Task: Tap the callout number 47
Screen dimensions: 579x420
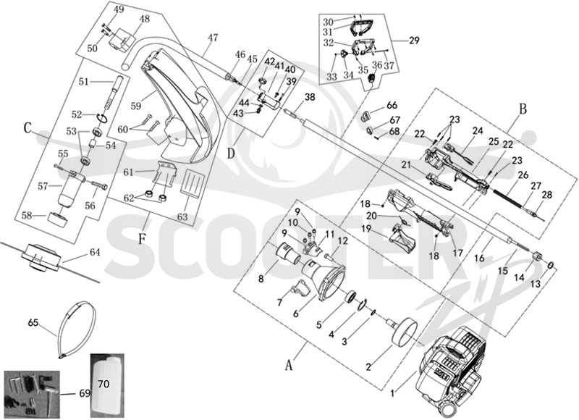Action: tap(213, 38)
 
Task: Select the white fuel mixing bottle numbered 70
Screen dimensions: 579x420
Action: tap(107, 385)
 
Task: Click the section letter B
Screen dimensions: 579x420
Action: tap(523, 109)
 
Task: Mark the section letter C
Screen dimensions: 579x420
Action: tap(28, 128)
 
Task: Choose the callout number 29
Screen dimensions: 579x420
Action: tap(414, 40)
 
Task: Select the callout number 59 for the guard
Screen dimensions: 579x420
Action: tap(135, 106)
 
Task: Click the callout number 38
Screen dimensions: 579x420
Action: tap(310, 97)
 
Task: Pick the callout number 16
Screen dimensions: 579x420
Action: tap(479, 259)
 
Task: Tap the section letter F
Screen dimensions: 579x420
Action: tap(142, 239)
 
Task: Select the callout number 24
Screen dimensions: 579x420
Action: tap(477, 131)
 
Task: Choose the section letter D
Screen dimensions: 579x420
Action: tap(231, 154)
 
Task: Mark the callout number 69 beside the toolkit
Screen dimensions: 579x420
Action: tap(85, 393)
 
